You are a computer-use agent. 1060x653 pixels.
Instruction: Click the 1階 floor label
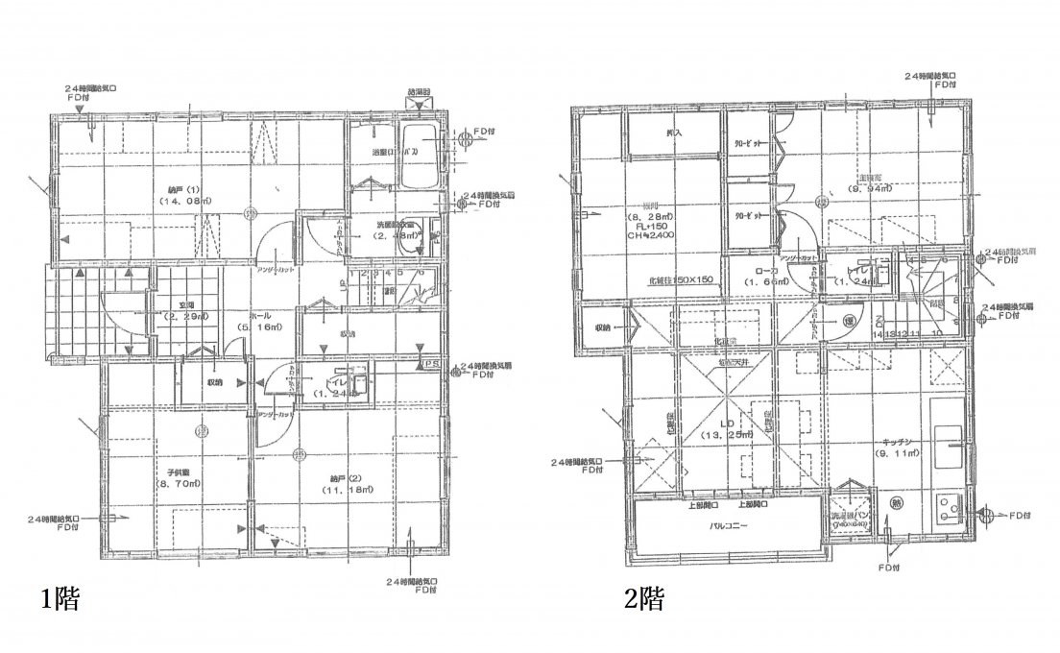tap(59, 599)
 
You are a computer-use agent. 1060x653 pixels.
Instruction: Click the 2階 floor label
tap(644, 599)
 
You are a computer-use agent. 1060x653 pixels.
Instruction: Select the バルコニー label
tap(730, 527)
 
